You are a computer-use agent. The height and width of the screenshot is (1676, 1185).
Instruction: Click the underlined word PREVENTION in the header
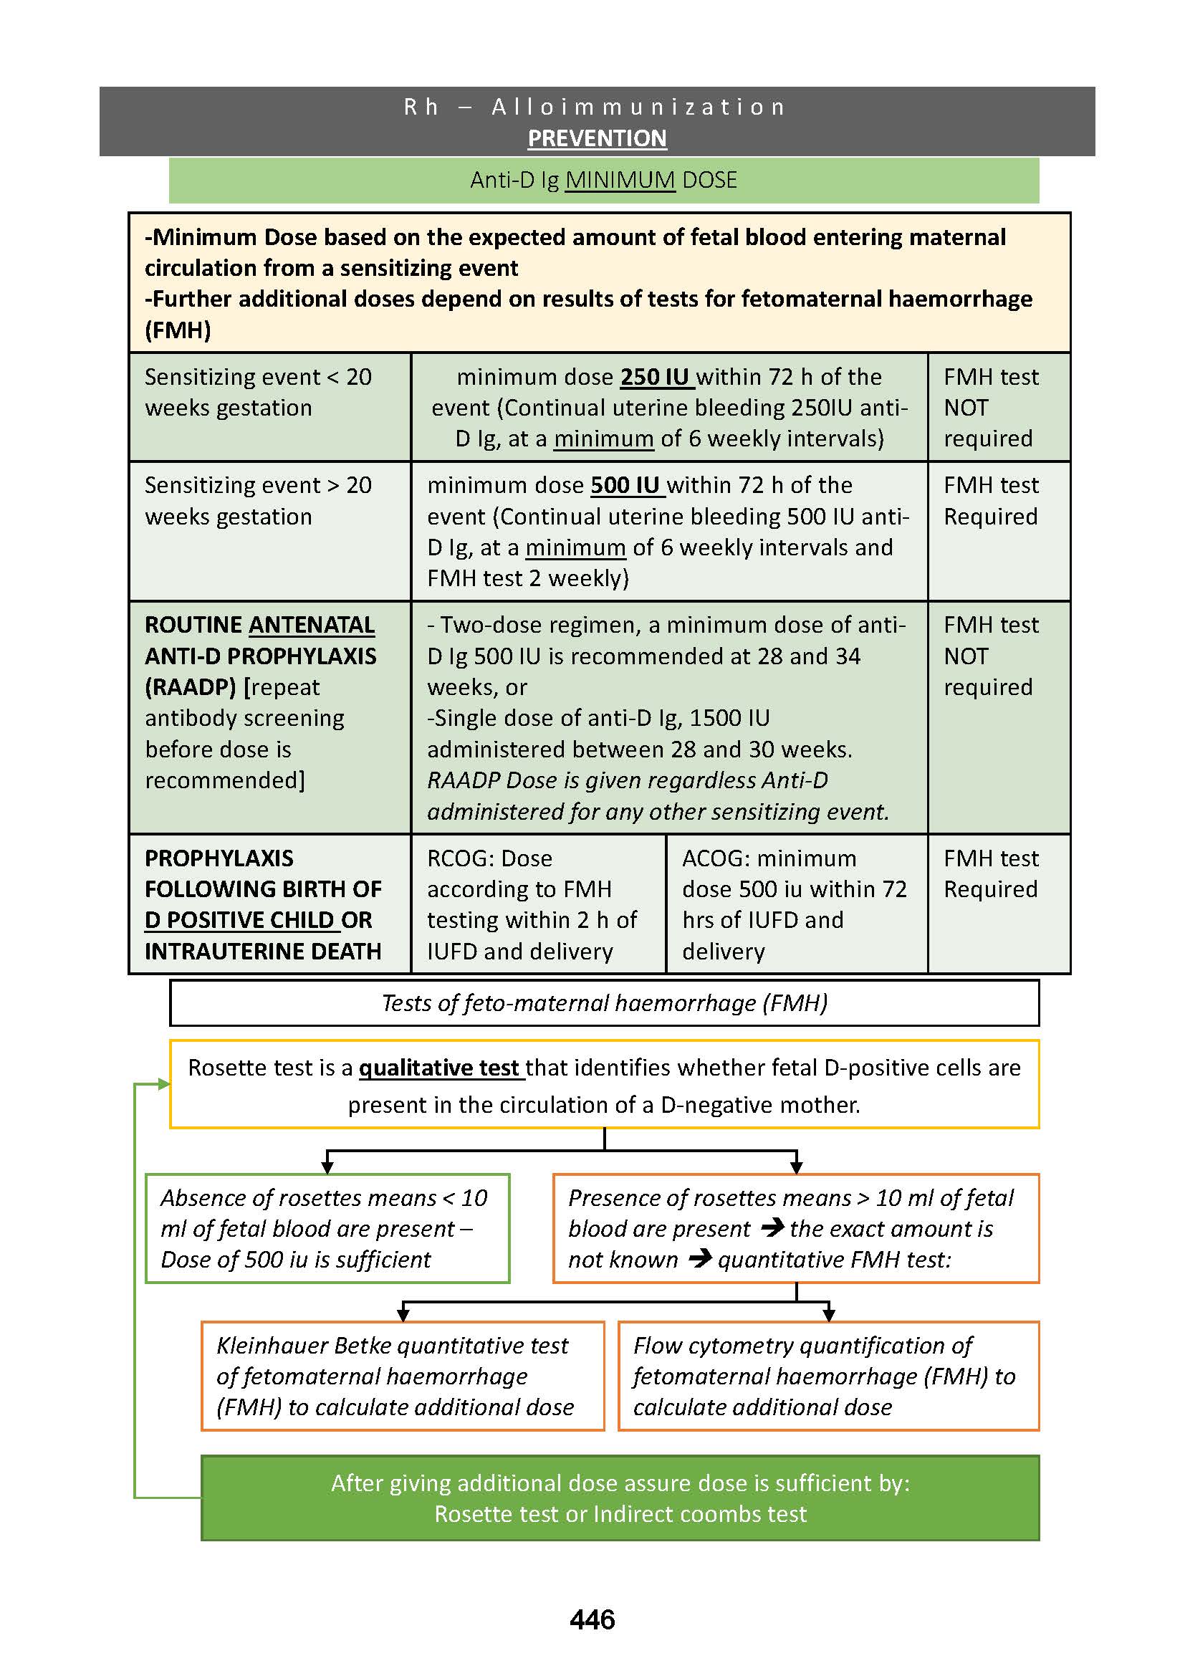tap(597, 138)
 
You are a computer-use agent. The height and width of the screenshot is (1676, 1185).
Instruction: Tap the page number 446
tap(592, 1619)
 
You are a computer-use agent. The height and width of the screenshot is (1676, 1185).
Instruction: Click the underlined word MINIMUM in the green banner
tap(620, 180)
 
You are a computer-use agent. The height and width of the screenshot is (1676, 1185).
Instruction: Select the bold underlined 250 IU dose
tap(655, 377)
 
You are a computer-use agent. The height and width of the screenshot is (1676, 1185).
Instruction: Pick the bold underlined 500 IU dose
tap(625, 484)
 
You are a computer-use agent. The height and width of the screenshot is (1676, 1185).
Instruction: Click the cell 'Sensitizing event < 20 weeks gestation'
tap(269, 406)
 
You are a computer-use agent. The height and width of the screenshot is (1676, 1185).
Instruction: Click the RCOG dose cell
tap(538, 904)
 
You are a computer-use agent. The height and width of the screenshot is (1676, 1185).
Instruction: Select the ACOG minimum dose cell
tap(795, 904)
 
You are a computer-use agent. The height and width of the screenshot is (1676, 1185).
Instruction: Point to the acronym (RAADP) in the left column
tap(191, 687)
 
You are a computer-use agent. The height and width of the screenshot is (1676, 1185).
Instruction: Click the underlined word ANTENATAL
tap(312, 625)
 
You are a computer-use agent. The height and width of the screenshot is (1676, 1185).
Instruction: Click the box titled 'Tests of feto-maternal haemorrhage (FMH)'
tap(604, 1003)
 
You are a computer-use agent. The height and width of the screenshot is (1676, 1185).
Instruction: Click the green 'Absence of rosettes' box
tap(327, 1228)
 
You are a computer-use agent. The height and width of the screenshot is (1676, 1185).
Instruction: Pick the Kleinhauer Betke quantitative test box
tap(402, 1375)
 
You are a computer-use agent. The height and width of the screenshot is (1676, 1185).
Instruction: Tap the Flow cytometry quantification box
tap(827, 1375)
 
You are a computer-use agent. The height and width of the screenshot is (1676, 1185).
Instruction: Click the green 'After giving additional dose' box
tap(620, 1498)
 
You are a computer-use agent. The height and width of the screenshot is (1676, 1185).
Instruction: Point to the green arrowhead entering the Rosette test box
tap(164, 1084)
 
